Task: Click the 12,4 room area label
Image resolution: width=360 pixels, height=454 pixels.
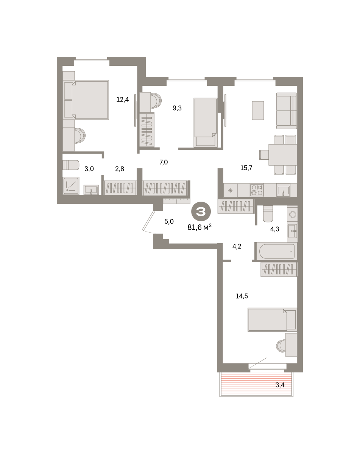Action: (123, 100)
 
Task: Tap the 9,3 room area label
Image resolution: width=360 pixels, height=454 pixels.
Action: (177, 108)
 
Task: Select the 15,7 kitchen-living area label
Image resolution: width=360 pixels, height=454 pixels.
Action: (246, 168)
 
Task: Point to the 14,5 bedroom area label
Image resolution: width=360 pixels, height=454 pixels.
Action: (242, 296)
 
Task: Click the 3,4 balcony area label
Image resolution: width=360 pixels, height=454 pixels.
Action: (280, 385)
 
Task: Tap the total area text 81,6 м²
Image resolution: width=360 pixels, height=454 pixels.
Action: (199, 227)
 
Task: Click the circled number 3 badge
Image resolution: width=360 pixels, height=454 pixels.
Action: (201, 211)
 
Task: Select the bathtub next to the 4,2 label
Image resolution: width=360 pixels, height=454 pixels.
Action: (277, 251)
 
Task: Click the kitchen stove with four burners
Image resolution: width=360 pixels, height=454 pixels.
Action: (257, 190)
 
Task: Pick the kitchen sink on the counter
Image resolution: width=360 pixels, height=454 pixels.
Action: (283, 191)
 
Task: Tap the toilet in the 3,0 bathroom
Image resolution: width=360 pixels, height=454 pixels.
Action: (71, 165)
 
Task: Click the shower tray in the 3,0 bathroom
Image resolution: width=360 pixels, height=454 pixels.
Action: (71, 186)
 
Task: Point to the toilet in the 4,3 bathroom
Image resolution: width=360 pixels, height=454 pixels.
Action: (268, 214)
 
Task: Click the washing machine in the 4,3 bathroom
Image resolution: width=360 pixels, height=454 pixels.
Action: (293, 215)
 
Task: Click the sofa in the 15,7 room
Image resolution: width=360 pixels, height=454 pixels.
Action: (287, 111)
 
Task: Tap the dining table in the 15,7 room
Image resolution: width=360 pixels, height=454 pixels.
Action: (283, 155)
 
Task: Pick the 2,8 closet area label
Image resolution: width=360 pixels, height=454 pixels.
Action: (120, 169)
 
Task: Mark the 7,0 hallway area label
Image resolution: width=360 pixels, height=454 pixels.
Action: (164, 162)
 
